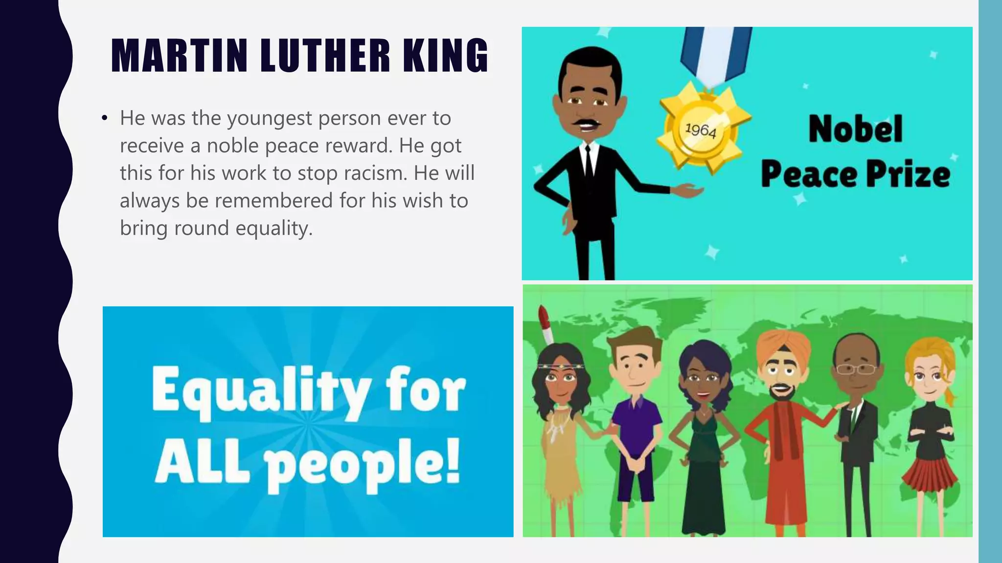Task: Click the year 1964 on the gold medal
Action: pyautogui.click(x=701, y=130)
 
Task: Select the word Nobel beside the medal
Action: pyautogui.click(x=855, y=129)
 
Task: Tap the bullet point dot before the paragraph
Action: pyautogui.click(x=104, y=119)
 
